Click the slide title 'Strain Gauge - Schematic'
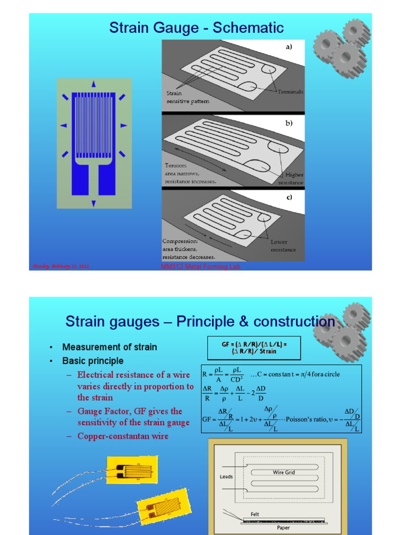(196, 27)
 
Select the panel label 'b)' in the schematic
(289, 123)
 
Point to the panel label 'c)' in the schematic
(289, 197)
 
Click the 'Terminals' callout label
(290, 91)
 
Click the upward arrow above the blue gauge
(93, 84)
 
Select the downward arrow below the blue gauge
(93, 203)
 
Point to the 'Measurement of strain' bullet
(109, 347)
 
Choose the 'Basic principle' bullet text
(92, 361)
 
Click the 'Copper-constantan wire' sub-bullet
(123, 436)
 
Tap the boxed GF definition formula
(254, 348)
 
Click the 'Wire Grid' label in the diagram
(284, 472)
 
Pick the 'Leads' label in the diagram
(227, 476)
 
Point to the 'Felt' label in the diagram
(255, 514)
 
